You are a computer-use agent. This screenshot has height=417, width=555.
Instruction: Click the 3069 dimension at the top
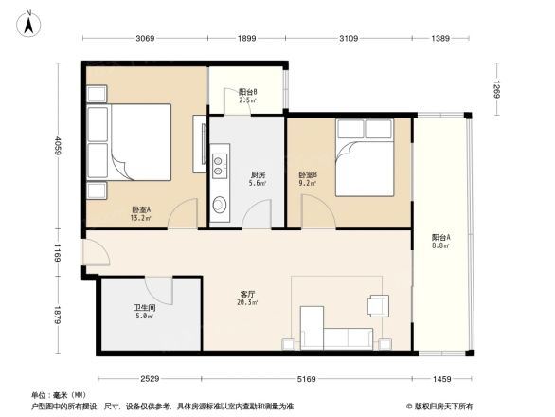144,38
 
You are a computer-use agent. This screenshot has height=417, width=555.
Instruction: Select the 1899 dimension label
246,38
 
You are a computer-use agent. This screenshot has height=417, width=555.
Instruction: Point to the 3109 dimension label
348,38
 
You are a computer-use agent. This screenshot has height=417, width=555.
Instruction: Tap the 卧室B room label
308,177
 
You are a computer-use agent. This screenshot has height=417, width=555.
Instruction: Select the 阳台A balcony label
440,240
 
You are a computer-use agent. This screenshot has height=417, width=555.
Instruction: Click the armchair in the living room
377,305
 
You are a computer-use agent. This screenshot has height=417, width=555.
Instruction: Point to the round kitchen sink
219,204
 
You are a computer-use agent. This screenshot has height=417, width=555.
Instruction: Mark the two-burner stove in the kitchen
219,166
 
